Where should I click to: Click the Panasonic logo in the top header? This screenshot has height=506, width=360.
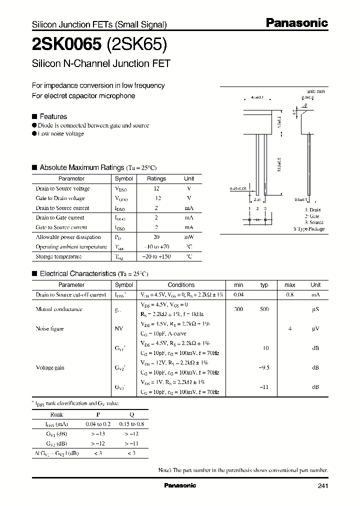click(x=296, y=22)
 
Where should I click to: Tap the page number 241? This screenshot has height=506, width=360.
click(x=323, y=486)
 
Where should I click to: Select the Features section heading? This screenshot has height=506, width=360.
click(x=53, y=116)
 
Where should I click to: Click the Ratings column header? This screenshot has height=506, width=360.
click(x=156, y=178)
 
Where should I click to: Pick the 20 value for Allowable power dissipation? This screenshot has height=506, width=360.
click(x=156, y=237)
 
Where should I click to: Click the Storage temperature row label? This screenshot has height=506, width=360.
click(x=58, y=256)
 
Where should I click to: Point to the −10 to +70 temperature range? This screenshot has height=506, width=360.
click(x=156, y=247)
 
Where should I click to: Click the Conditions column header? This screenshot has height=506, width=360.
click(x=181, y=285)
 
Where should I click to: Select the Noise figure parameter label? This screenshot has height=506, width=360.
click(x=49, y=328)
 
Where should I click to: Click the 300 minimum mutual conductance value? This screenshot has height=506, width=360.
click(x=238, y=309)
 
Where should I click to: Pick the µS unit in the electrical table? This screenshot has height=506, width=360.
click(x=315, y=309)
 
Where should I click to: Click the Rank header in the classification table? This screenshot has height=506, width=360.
click(x=57, y=414)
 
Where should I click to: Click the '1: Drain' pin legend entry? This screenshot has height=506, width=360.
click(x=313, y=210)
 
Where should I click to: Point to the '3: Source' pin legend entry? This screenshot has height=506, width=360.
click(x=314, y=222)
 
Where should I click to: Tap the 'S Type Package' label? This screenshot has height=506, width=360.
click(x=308, y=228)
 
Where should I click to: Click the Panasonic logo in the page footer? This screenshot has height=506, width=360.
click(x=180, y=485)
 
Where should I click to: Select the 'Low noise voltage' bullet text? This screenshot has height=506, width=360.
click(x=61, y=134)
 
